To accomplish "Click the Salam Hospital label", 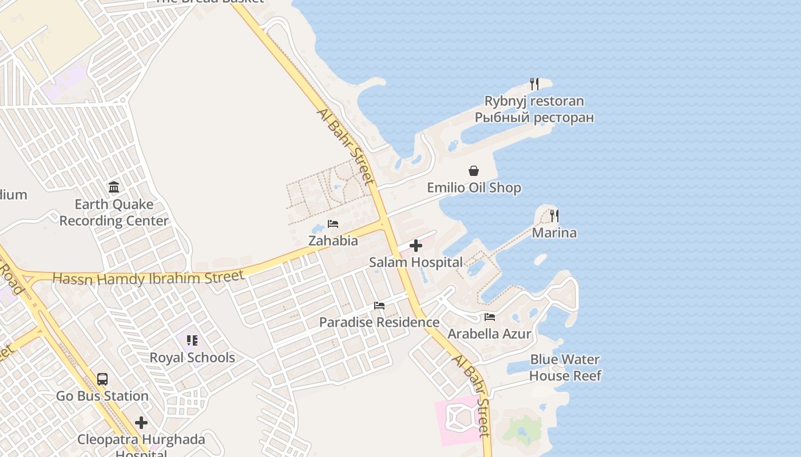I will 415,263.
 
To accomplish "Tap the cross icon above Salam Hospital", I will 416,246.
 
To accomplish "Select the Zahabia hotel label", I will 333,240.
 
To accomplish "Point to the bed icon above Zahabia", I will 333,223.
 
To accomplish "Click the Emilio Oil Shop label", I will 474,188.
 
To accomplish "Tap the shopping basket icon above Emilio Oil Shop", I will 474,170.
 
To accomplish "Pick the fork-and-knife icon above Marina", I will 554,215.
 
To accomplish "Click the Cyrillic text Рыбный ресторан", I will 534,118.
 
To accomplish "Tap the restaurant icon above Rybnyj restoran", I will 534,84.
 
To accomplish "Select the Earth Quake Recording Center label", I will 114,213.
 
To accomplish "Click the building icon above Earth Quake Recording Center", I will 114,187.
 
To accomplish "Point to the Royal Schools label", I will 192,358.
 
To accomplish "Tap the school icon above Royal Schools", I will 192,340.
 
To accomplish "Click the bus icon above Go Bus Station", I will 102,379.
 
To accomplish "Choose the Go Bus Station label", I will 102,396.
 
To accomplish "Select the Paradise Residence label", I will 379,322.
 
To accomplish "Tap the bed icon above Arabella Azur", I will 490,316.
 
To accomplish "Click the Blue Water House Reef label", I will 565,367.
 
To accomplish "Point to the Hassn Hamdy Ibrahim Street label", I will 148,278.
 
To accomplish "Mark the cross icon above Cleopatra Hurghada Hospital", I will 141,423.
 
